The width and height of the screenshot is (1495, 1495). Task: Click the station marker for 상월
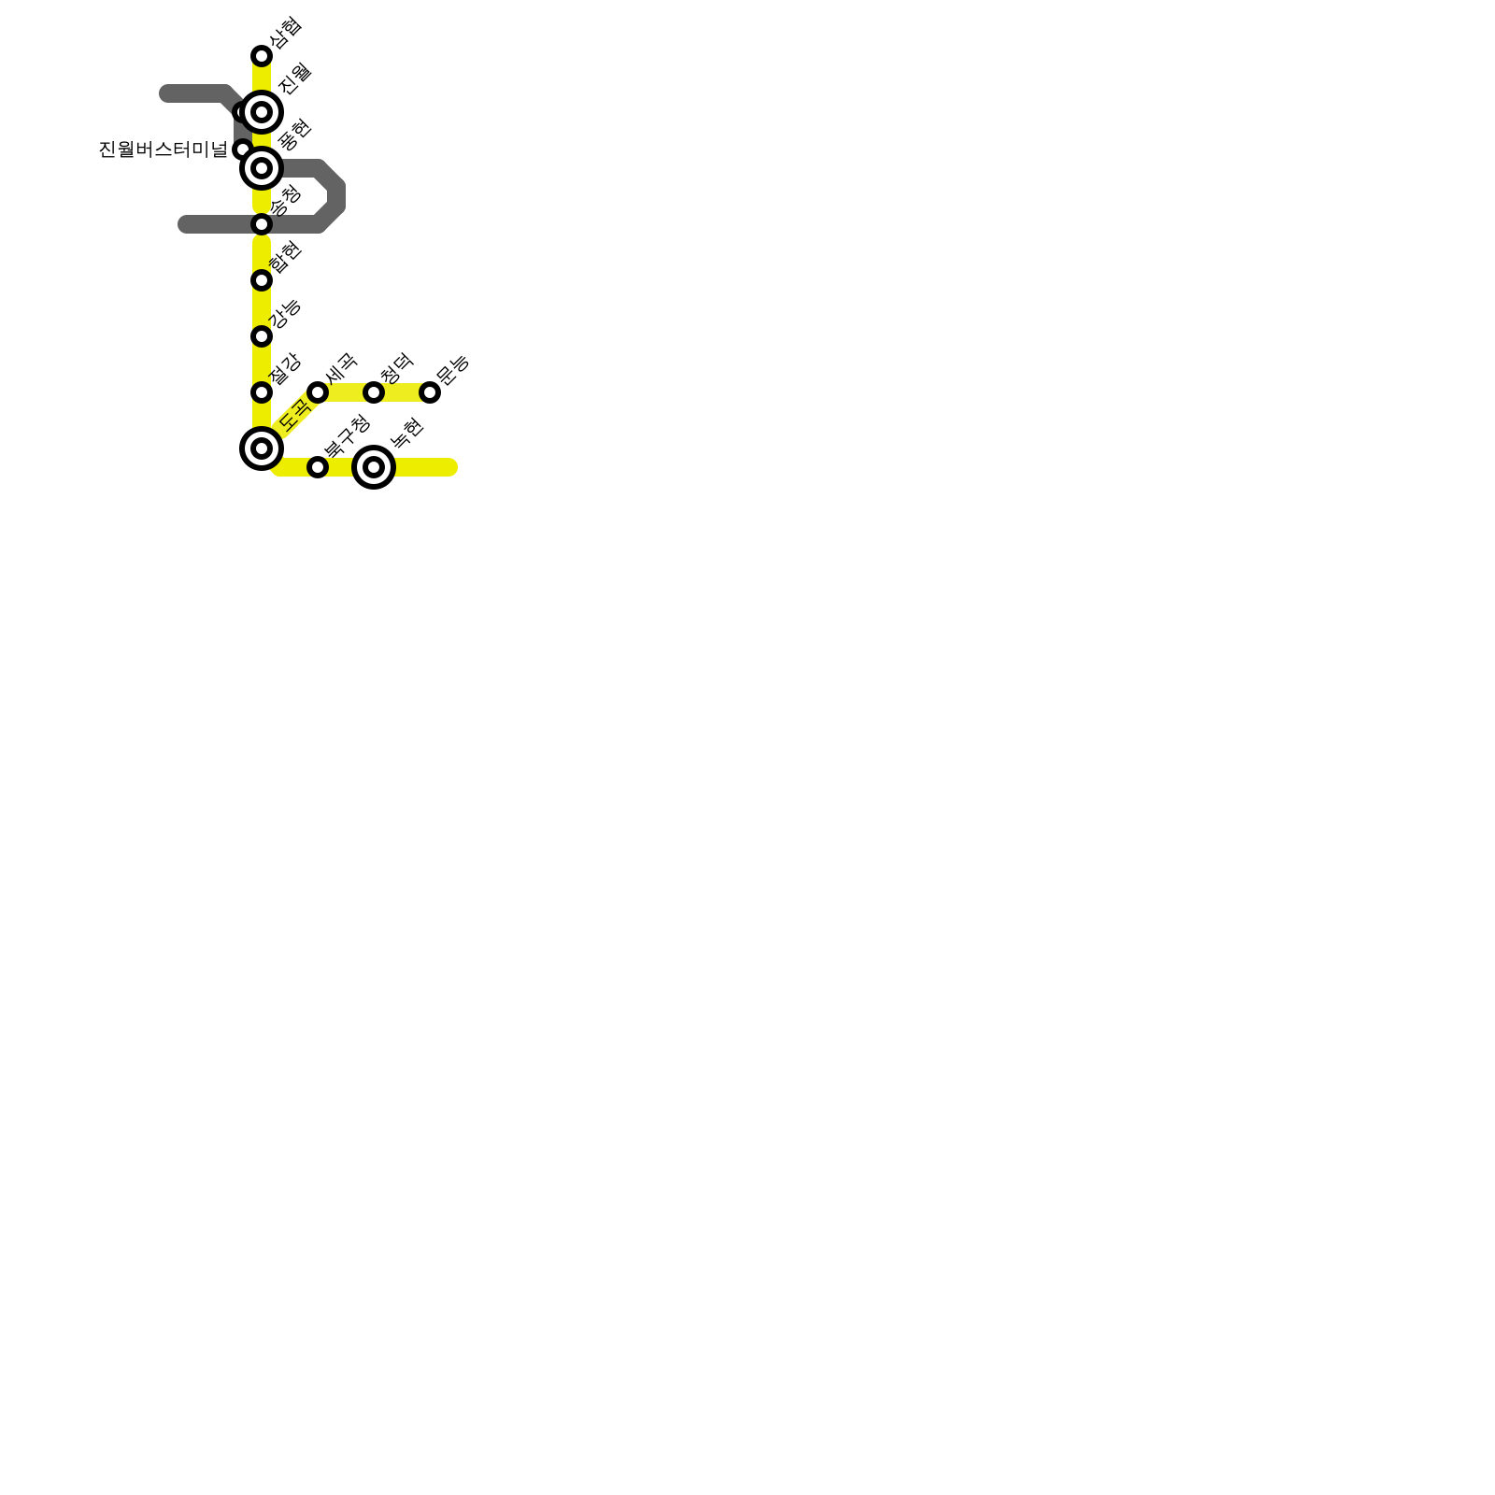[262, 56]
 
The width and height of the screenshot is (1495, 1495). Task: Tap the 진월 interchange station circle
[262, 112]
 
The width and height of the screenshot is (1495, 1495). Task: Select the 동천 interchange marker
[262, 168]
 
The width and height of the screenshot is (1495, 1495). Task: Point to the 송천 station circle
[262, 224]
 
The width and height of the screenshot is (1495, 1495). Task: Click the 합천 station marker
[262, 280]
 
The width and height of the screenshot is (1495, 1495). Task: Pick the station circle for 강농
[262, 336]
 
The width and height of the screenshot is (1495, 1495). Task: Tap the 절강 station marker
[262, 392]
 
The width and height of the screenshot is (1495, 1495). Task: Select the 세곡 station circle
[318, 392]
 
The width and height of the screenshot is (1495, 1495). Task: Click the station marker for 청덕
[374, 392]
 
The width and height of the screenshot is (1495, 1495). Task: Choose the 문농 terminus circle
[430, 392]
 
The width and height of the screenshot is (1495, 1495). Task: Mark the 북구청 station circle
[318, 467]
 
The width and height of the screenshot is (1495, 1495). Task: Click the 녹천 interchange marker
[374, 467]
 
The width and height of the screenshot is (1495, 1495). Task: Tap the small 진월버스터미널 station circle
[242, 149]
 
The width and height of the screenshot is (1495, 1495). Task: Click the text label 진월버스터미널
[164, 149]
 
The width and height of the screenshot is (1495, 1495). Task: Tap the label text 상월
[285, 33]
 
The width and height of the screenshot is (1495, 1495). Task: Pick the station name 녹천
[407, 432]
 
